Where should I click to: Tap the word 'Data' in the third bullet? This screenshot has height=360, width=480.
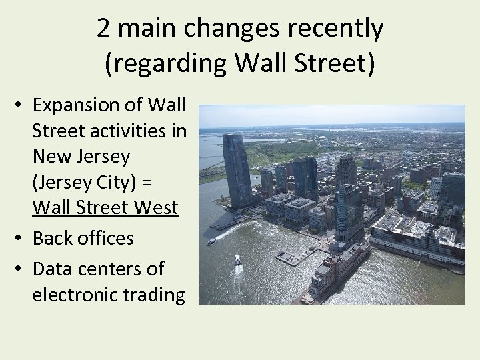(55, 269)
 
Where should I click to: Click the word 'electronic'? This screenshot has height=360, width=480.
(78, 294)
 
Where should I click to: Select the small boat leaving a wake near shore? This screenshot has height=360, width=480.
(211, 241)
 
